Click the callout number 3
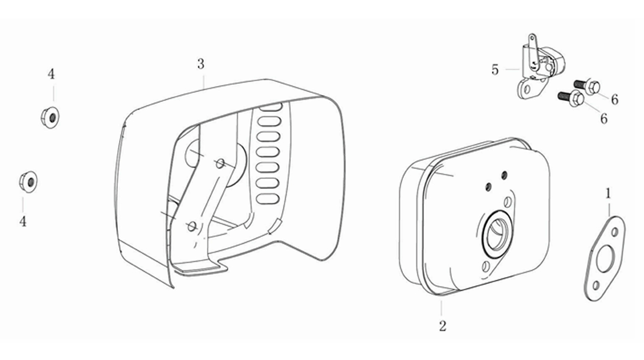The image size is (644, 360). pyautogui.click(x=201, y=64)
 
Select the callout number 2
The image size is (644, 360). pyautogui.click(x=443, y=326)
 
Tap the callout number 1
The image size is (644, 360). pyautogui.click(x=608, y=194)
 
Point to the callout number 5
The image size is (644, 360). pyautogui.click(x=495, y=70)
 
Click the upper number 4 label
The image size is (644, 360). pyautogui.click(x=51, y=74)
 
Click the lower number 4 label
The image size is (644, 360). pyautogui.click(x=23, y=221)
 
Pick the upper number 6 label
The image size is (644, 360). pyautogui.click(x=615, y=100)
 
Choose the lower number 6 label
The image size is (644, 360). pyautogui.click(x=604, y=118)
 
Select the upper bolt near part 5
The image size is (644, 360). pyautogui.click(x=587, y=86)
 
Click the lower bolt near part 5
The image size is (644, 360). pyautogui.click(x=571, y=98)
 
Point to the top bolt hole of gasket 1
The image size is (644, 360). pyautogui.click(x=615, y=232)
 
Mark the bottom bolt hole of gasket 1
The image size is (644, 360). pyautogui.click(x=596, y=286)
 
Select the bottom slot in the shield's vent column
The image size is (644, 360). pyautogui.click(x=267, y=198)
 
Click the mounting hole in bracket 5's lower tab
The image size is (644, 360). pyautogui.click(x=527, y=90)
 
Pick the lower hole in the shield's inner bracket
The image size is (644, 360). pyautogui.click(x=191, y=227)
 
